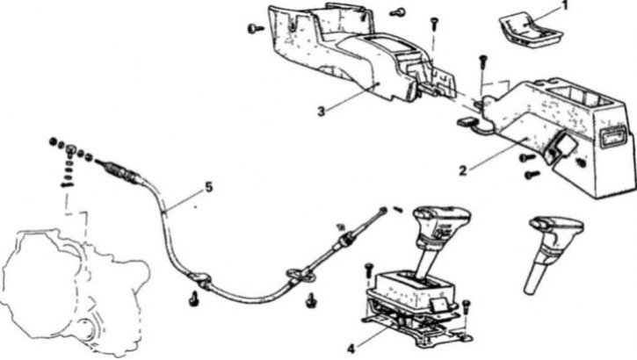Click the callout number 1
point(564,5)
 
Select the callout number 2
point(463,171)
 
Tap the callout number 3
point(321,111)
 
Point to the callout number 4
point(351,349)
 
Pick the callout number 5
point(208,187)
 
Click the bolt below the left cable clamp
point(194,299)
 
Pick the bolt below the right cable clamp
point(312,300)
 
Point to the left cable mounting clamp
point(199,280)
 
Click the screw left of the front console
point(255,28)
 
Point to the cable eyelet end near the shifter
point(383,210)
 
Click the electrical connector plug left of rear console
point(464,121)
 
